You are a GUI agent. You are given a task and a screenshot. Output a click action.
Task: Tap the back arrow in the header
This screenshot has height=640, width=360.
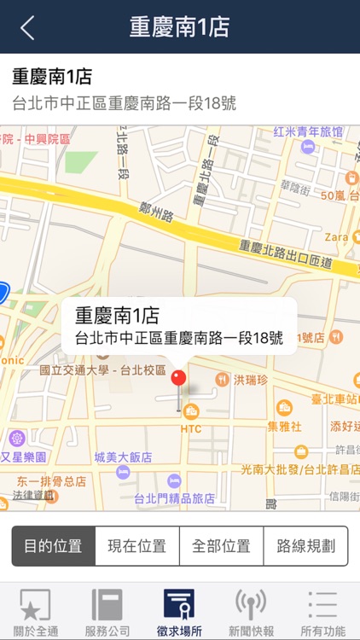tap(27, 27)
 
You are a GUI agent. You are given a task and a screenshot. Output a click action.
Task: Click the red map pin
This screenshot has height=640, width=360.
tap(178, 381)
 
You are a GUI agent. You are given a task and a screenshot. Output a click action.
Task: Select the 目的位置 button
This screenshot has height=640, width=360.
tap(53, 546)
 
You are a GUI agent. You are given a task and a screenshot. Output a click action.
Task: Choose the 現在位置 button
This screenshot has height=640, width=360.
tap(136, 546)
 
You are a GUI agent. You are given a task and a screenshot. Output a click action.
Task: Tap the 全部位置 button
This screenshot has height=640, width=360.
tap(221, 546)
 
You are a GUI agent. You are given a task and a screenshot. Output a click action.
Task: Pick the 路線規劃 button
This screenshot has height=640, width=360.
tap(305, 546)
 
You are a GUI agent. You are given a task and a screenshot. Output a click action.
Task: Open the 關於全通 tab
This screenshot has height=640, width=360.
tap(35, 613)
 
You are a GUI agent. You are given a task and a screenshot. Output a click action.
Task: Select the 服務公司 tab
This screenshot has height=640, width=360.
tap(107, 613)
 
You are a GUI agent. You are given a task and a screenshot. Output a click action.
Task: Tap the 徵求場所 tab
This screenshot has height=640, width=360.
tap(179, 613)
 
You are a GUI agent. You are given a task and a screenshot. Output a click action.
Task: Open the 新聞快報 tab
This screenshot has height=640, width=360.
tap(251, 613)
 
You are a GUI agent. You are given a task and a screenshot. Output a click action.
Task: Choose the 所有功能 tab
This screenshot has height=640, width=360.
tap(323, 613)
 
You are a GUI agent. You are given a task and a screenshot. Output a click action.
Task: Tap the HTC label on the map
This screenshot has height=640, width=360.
tap(191, 428)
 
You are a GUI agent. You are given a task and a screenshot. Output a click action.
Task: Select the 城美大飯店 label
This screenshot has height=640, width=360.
tap(123, 457)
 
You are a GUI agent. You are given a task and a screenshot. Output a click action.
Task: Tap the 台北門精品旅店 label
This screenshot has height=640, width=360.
tap(179, 498)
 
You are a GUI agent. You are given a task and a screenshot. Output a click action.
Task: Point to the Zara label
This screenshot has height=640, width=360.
tap(335, 236)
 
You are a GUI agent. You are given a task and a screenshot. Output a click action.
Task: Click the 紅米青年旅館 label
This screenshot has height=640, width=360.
tap(308, 132)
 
